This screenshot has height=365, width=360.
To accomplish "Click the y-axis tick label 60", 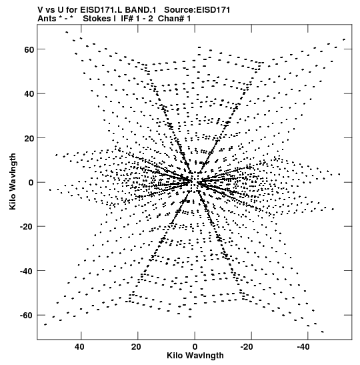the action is (x=29, y=49).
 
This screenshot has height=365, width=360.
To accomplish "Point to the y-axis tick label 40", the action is (x=29, y=94).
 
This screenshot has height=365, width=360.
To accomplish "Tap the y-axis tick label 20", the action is (x=29, y=138).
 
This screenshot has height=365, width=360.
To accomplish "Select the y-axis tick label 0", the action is (x=31, y=183).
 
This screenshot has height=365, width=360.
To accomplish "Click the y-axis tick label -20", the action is (x=27, y=226).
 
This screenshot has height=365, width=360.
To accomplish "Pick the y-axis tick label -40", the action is (x=27, y=271).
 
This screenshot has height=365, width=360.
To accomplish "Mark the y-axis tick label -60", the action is (x=27, y=316).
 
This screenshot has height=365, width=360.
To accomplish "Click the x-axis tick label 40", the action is (x=79, y=347).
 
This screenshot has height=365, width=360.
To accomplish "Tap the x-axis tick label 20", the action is (x=136, y=347).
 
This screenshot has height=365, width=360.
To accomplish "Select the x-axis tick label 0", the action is (x=195, y=347).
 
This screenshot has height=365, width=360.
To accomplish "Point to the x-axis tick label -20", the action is (x=246, y=347).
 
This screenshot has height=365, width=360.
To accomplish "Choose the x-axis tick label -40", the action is (x=303, y=347).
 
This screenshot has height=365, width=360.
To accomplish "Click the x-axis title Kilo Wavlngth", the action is (x=195, y=356).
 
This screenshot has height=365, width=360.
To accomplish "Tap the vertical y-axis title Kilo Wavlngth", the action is (x=13, y=181).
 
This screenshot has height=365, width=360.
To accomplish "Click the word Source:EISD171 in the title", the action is (x=197, y=10).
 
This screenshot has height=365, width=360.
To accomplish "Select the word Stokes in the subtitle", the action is (x=97, y=19).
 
